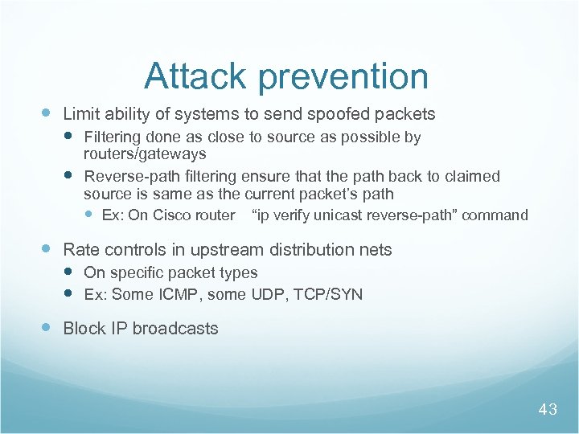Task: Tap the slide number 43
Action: pos(547,410)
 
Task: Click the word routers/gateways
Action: pos(145,154)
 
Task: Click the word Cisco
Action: pos(171,215)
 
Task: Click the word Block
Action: pos(83,329)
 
